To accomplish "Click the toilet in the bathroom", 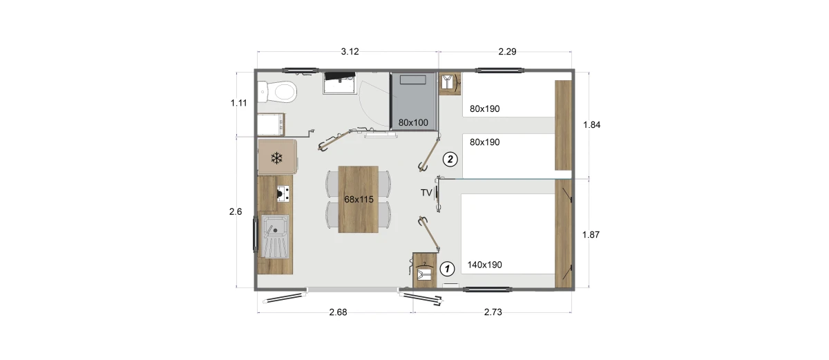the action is click(x=278, y=91).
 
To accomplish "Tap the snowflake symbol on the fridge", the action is click(x=276, y=158).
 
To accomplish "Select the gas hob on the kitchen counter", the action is click(x=283, y=194).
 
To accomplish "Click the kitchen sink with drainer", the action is click(x=275, y=236).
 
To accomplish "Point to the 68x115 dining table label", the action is click(x=359, y=200).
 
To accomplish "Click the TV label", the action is click(x=426, y=193).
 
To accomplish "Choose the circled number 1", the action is click(x=447, y=269).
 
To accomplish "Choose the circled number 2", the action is click(x=450, y=160).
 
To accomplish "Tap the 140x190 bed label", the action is click(x=484, y=265).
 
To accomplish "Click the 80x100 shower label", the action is click(x=413, y=122).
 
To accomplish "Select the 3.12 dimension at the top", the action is click(x=350, y=52).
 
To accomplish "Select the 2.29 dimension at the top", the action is click(x=507, y=52).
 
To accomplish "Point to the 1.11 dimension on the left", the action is click(x=239, y=103).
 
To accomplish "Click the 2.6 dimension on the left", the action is click(x=236, y=211).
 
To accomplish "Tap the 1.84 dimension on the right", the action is click(x=591, y=125).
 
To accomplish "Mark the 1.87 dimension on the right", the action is click(x=591, y=234).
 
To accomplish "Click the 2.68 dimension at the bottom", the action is click(x=338, y=312).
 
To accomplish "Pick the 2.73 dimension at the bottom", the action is click(x=493, y=312).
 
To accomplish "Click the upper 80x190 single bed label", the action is click(x=484, y=108).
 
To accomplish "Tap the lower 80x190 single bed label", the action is click(x=484, y=142).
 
